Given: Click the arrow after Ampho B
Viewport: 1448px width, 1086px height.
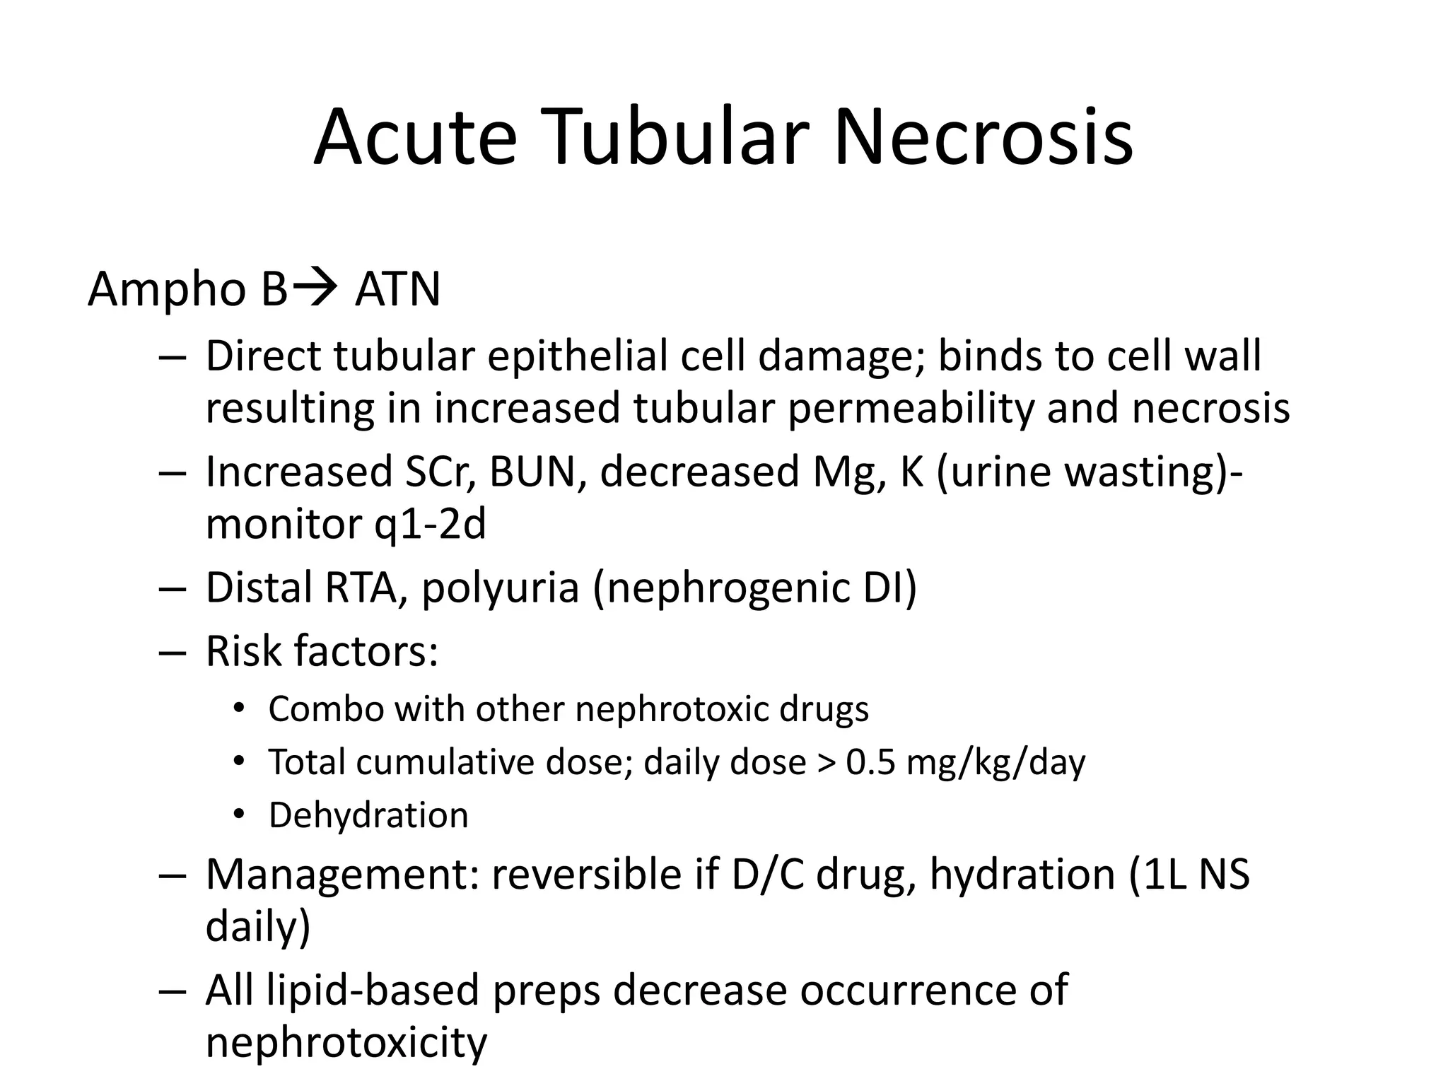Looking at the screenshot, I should (315, 288).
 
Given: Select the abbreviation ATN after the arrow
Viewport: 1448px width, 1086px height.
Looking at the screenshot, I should (397, 289).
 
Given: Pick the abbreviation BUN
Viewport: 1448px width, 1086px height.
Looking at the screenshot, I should (537, 472).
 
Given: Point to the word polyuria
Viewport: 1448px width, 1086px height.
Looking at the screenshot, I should (500, 589).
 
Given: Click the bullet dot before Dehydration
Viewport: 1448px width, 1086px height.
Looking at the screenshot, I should (239, 815).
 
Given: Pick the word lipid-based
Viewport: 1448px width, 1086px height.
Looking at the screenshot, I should (373, 990).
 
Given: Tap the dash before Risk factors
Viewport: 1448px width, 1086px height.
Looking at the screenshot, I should (172, 651).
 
